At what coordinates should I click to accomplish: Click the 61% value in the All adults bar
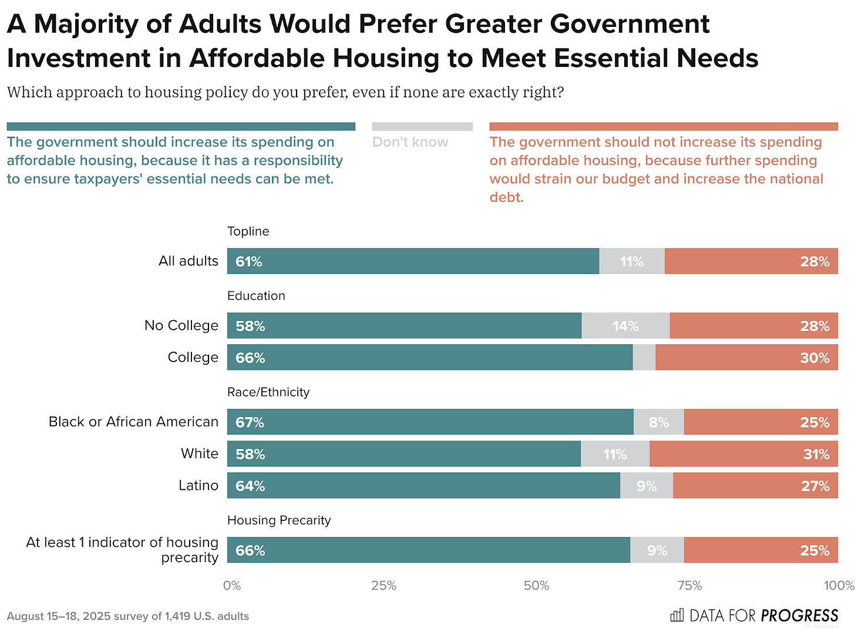(x=248, y=262)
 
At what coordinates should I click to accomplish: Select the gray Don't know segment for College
(x=644, y=357)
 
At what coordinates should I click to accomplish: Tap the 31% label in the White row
(x=816, y=454)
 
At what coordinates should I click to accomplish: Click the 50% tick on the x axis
(x=536, y=585)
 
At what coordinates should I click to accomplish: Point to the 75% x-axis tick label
(x=689, y=585)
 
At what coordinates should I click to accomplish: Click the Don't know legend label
(x=410, y=142)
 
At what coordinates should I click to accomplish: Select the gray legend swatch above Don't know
(x=422, y=126)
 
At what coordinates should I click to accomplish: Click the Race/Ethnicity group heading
(x=268, y=392)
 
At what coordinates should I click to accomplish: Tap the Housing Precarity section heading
(x=279, y=520)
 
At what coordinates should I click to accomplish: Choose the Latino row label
(x=198, y=486)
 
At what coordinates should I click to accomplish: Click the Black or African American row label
(x=133, y=422)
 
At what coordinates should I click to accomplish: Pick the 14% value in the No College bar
(x=625, y=326)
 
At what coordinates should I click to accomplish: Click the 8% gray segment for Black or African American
(x=659, y=422)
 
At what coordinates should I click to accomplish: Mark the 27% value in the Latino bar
(x=815, y=486)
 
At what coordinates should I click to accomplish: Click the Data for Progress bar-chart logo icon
(x=677, y=615)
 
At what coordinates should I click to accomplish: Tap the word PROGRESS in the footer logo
(x=799, y=615)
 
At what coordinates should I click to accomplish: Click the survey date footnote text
(x=128, y=616)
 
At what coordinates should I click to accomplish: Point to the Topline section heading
(x=248, y=231)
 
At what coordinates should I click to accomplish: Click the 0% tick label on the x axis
(x=232, y=585)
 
